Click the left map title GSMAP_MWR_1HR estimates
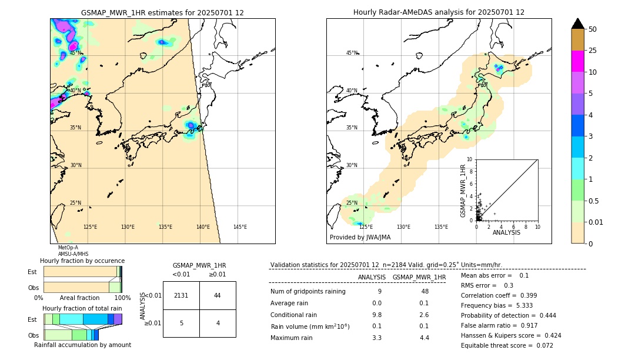pyautogui.click(x=162, y=12)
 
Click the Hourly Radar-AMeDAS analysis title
pyautogui.click(x=439, y=12)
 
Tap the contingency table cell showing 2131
pyautogui.click(x=181, y=295)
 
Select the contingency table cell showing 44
pyautogui.click(x=217, y=295)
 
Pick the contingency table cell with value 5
pyautogui.click(x=181, y=323)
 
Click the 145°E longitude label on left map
pyautogui.click(x=240, y=227)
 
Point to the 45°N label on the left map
pyautogui.click(x=75, y=53)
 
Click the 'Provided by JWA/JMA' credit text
pyautogui.click(x=360, y=238)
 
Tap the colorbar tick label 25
pyautogui.click(x=593, y=51)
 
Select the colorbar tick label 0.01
pyautogui.click(x=596, y=222)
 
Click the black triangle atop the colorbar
pyautogui.click(x=578, y=24)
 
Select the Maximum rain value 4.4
pyautogui.click(x=425, y=337)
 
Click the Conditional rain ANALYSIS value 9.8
pyautogui.click(x=377, y=315)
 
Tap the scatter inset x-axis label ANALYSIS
pyautogui.click(x=506, y=232)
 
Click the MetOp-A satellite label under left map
pyautogui.click(x=68, y=248)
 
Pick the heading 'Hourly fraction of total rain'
pyautogui.click(x=82, y=309)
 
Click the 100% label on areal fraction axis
pyautogui.click(x=122, y=298)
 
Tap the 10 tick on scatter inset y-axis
pyautogui.click(x=470, y=159)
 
